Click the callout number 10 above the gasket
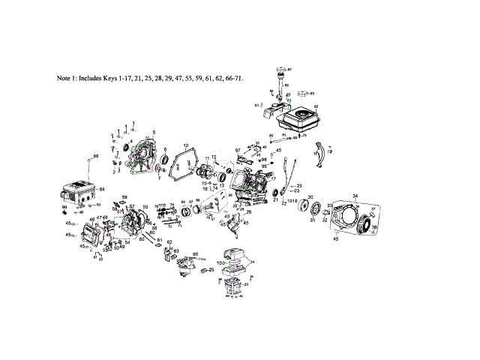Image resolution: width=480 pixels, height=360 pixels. [185, 144]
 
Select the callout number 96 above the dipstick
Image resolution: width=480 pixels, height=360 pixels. [96, 155]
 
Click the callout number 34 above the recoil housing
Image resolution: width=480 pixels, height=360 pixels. [355, 196]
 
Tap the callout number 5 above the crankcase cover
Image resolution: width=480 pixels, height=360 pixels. [153, 133]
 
